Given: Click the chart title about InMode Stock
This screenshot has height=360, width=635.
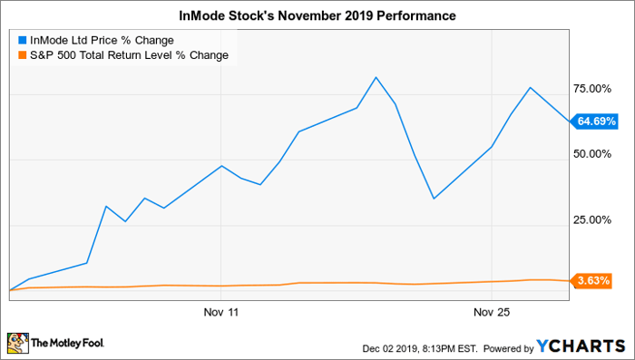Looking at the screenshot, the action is (x=317, y=15).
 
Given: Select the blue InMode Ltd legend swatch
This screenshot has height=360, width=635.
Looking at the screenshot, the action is (x=23, y=41).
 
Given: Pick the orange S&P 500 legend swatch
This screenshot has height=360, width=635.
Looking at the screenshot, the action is (x=23, y=54).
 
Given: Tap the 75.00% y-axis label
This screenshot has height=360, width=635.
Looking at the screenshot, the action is (x=592, y=89).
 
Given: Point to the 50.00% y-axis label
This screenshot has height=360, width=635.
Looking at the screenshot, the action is (x=592, y=154).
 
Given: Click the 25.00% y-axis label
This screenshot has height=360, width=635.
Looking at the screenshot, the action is (x=592, y=219).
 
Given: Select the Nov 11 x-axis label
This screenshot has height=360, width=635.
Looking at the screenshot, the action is (x=221, y=312).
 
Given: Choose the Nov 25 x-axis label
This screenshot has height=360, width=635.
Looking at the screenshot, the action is (x=492, y=312).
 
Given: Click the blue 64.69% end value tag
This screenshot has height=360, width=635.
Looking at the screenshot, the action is (x=593, y=122).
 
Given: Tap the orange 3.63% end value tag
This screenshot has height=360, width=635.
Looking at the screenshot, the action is (x=591, y=280).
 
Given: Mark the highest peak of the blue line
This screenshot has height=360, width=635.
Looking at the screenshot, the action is (x=376, y=77).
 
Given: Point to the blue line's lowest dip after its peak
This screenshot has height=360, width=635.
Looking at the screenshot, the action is (x=434, y=199).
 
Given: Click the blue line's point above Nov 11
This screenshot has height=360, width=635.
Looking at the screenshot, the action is (x=221, y=166).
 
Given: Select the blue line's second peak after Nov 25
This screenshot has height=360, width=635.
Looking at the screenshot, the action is (x=530, y=87).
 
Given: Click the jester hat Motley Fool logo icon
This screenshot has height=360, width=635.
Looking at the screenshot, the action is (x=18, y=343).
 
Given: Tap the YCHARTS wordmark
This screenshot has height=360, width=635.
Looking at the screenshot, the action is (x=581, y=346).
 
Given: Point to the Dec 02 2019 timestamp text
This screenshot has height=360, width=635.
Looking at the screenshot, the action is (x=420, y=348).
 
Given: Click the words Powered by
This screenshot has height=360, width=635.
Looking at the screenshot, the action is (x=509, y=348).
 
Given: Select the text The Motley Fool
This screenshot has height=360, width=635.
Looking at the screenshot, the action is (x=68, y=344).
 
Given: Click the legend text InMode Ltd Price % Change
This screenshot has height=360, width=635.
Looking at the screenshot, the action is (x=102, y=41).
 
